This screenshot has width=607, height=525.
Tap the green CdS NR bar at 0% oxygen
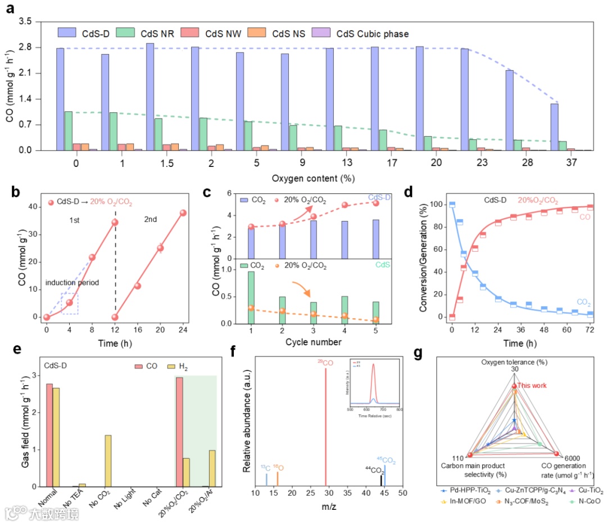point(68,131)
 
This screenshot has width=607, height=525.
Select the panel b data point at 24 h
point(183,213)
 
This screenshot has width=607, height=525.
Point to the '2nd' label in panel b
point(151,220)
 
